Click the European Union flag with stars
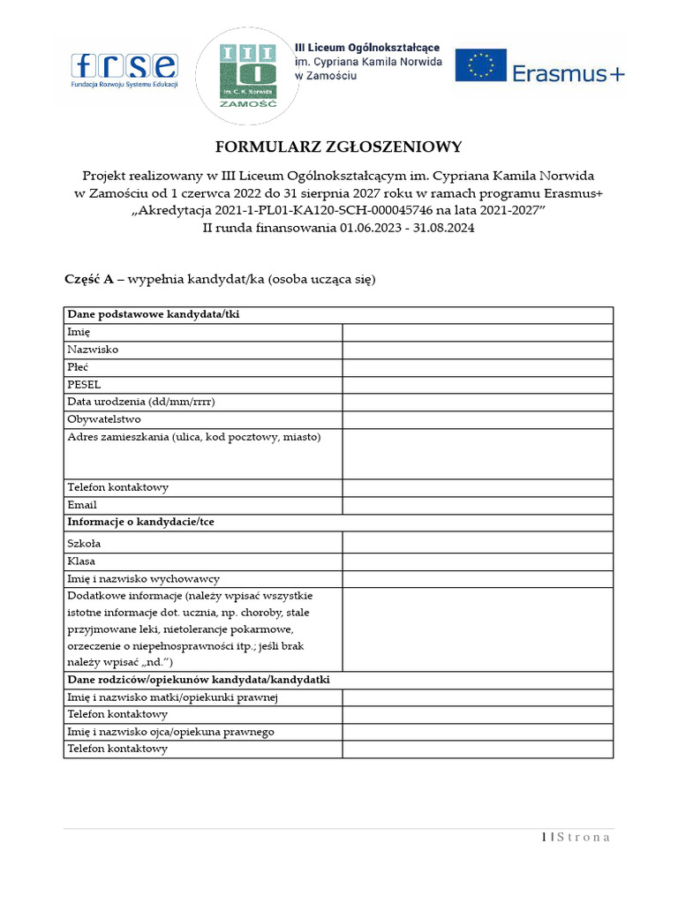point(480,65)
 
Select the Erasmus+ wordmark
point(568,73)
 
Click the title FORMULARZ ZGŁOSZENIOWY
point(339,147)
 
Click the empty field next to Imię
point(478,332)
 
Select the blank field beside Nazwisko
point(478,350)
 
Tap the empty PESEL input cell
point(478,385)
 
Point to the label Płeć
point(78,367)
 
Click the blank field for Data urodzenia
point(478,403)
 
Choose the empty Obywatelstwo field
point(478,420)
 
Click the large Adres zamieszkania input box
point(478,454)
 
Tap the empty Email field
point(478,505)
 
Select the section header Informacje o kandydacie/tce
point(140,523)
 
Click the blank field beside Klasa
point(478,561)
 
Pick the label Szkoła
point(84,544)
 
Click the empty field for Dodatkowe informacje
point(478,629)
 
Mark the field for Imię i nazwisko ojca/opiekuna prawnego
point(478,732)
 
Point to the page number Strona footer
point(576,838)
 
